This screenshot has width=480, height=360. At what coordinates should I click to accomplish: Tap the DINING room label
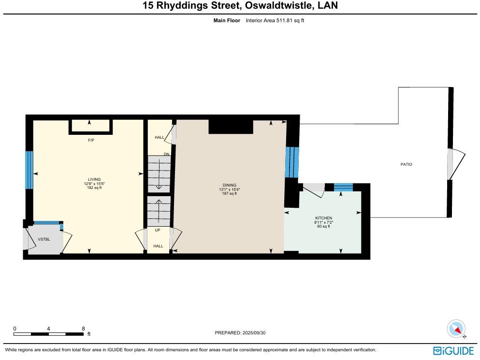[x=229, y=185]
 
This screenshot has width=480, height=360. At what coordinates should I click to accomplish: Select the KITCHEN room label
[x=323, y=218]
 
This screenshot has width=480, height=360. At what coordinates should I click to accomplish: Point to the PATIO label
[x=406, y=164]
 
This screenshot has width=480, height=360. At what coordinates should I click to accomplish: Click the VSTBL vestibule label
[x=44, y=239]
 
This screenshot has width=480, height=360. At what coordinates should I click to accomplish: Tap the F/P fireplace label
[x=91, y=140]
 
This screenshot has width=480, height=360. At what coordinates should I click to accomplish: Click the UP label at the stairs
[x=158, y=230]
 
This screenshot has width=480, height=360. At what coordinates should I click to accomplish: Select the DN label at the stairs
[x=166, y=154]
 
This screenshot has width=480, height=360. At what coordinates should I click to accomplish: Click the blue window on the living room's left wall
[x=29, y=170]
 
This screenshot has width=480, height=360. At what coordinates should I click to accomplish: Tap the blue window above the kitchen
[x=343, y=187]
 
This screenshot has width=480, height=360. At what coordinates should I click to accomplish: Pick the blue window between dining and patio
[x=292, y=162]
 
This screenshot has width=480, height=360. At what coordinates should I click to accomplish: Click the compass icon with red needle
[x=456, y=329]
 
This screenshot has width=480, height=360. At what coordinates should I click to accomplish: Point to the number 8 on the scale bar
[x=84, y=328]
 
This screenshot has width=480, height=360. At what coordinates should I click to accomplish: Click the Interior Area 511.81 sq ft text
[x=275, y=20]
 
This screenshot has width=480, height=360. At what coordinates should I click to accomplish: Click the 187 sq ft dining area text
[x=229, y=193]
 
